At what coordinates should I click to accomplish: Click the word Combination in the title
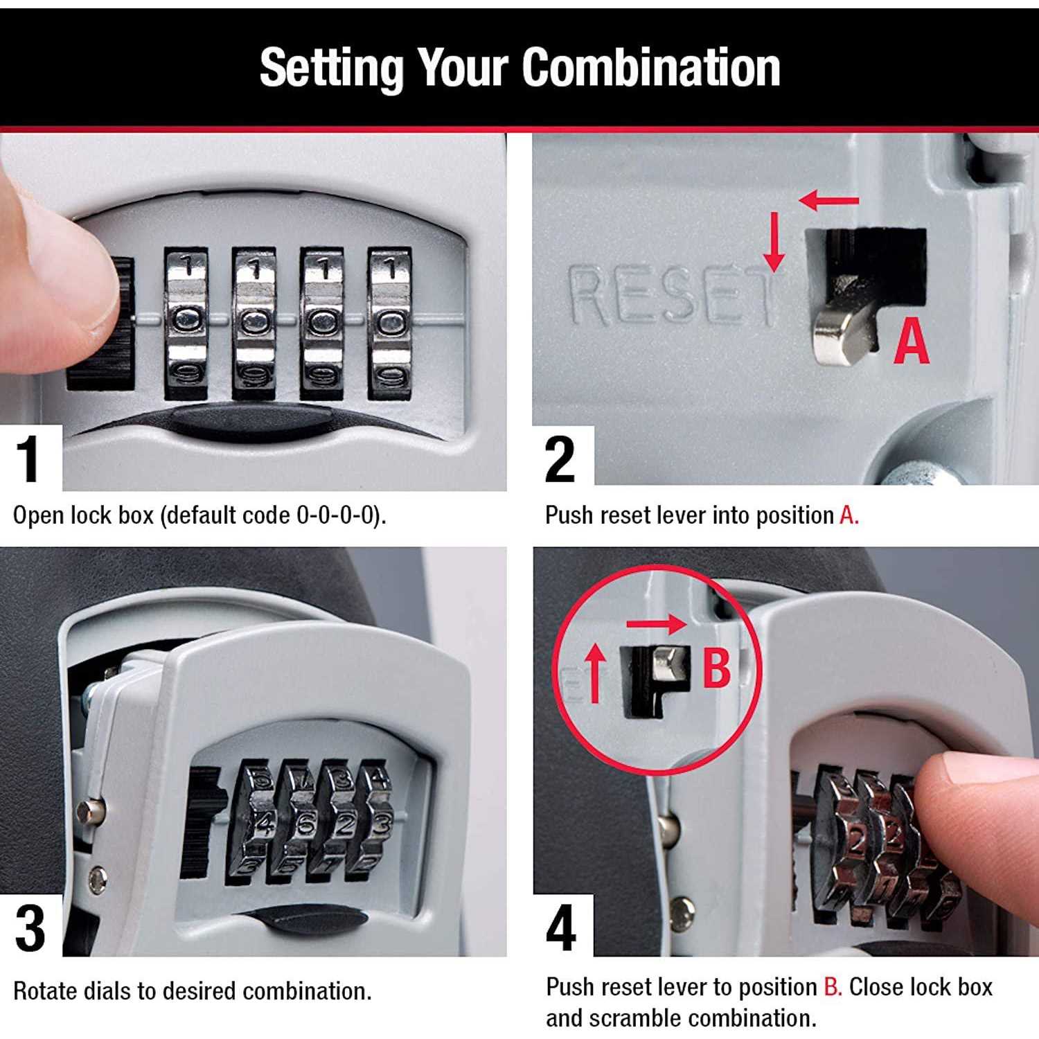pos(650,67)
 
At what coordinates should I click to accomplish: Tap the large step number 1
pos(29,459)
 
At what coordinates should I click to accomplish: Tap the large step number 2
pos(560,459)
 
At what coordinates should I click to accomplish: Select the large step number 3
pos(30,928)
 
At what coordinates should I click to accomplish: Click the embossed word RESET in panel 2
pos(671,296)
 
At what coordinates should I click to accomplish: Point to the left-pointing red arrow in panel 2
pos(828,202)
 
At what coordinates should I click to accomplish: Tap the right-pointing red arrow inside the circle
pos(656,623)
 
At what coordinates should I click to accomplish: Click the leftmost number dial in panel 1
pos(186,323)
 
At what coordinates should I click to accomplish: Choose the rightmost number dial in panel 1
pos(389,323)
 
